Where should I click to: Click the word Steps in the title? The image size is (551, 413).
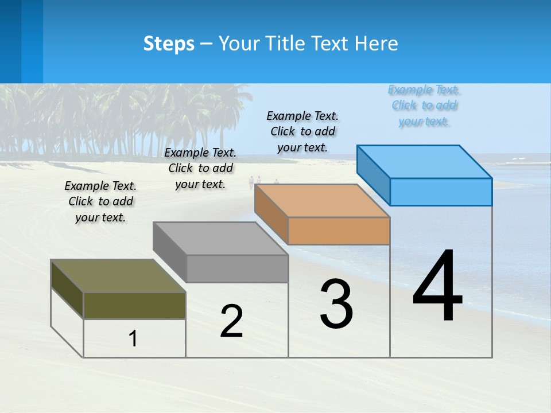tap(169, 44)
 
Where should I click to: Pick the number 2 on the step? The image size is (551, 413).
tap(231, 321)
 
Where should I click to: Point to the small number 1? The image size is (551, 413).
tap(133, 338)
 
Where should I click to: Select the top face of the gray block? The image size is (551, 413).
tap(220, 239)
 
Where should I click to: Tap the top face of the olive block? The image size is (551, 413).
tap(118, 276)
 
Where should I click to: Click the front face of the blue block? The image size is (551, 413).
tap(441, 192)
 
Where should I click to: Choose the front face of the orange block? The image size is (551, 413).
tap(339, 231)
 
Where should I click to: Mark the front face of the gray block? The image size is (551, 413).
tap(237, 268)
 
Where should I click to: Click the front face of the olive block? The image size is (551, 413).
tap(134, 305)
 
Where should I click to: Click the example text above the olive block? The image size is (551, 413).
tap(100, 201)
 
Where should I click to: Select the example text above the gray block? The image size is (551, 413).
tap(200, 168)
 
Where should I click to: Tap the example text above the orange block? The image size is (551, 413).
tap(302, 131)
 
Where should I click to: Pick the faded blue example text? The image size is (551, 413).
tap(424, 106)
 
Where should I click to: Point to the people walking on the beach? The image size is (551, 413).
tap(255, 182)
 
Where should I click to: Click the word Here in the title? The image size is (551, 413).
tap(376, 44)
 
